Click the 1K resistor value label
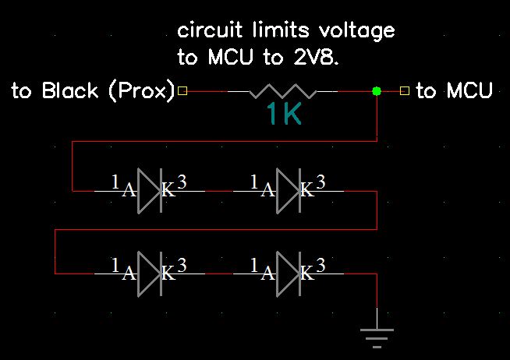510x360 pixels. tap(283, 115)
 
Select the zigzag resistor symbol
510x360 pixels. tap(282, 91)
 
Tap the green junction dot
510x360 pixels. tap(377, 91)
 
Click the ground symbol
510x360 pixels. tap(377, 334)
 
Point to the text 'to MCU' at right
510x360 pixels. tap(454, 91)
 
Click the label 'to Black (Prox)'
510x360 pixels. tap(93, 91)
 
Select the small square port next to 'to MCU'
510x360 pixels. tap(404, 91)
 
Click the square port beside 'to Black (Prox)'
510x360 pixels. tap(183, 91)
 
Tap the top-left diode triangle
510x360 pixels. tap(148, 189)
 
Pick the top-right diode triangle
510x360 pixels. tap(288, 189)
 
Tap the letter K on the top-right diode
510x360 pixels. tap(307, 189)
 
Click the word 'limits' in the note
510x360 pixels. tap(271, 31)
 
